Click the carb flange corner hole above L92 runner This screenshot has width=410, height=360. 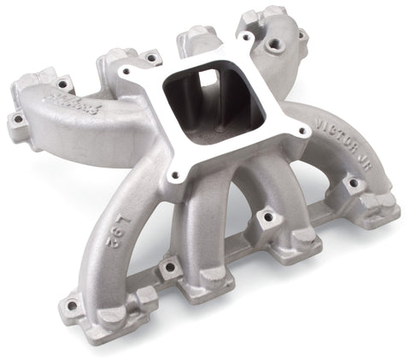(x=176, y=176)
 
